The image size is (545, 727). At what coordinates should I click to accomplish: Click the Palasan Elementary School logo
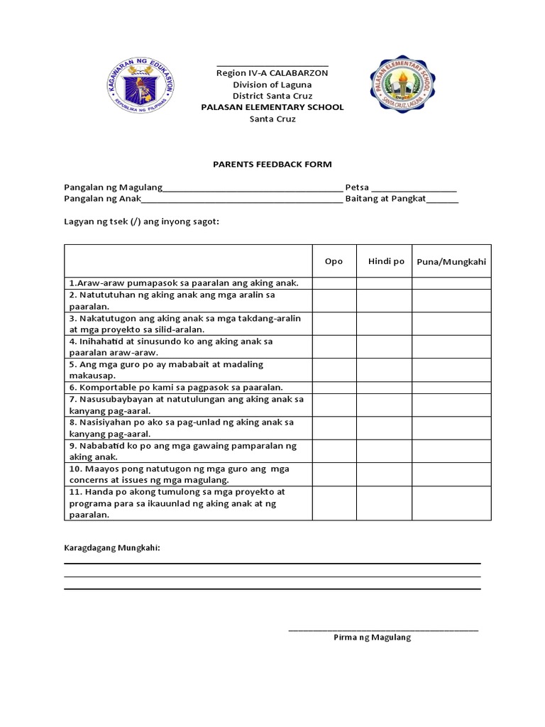point(402,87)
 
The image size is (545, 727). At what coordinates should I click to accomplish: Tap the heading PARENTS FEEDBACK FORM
point(272,164)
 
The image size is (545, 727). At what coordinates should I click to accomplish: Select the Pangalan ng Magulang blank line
point(253,189)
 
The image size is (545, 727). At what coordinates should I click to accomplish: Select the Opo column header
point(334,261)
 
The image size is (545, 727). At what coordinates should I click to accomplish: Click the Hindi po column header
point(386,261)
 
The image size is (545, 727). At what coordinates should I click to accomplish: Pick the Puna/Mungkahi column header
point(451,261)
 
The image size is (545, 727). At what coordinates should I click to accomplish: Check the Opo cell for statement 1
point(334,283)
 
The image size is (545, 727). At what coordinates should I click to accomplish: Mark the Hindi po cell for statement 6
point(384,388)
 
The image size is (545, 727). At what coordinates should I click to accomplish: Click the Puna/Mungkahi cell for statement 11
point(451,503)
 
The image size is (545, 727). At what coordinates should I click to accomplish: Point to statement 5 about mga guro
point(166,370)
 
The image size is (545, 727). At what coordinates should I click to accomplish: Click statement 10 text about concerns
point(179,474)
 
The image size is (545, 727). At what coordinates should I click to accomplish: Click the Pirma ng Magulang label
point(372,638)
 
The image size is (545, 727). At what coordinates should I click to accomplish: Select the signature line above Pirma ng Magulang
point(383,629)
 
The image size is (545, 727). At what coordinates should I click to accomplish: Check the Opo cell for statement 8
point(334,428)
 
